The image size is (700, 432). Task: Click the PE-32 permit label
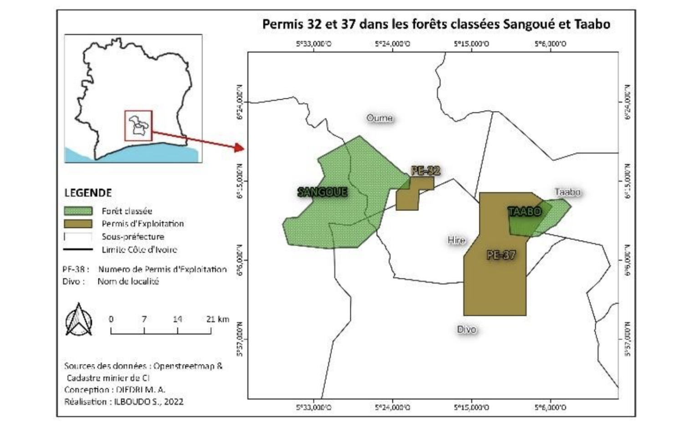[x=426, y=171]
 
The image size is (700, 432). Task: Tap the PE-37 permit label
[x=501, y=255]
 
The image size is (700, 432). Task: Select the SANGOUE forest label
[x=322, y=192]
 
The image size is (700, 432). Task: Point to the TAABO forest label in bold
[x=524, y=211]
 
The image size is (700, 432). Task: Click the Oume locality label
[x=380, y=118]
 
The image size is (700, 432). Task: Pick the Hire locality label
[x=456, y=240]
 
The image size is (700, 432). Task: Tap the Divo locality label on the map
[x=467, y=329]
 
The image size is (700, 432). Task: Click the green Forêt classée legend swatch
[x=78, y=211]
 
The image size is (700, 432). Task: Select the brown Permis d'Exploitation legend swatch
[x=78, y=224]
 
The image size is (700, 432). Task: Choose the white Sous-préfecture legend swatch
[x=78, y=237]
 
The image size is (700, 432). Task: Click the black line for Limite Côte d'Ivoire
[x=78, y=249]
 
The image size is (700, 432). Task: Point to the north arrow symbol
[x=79, y=320]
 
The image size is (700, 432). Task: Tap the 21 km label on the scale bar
[x=217, y=319]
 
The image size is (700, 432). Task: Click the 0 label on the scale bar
[x=111, y=319]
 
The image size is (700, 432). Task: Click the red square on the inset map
[x=139, y=125]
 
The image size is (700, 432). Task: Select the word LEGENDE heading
[x=88, y=192]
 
